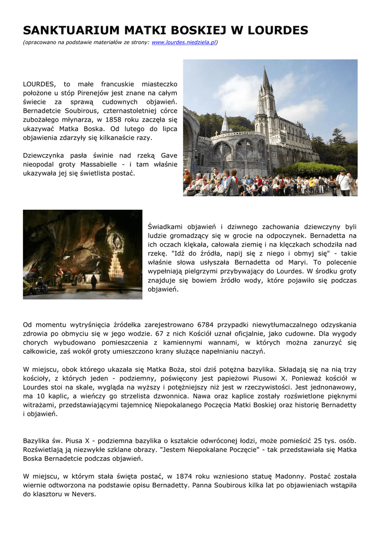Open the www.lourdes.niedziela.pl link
(x=183, y=42)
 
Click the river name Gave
(x=168, y=155)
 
